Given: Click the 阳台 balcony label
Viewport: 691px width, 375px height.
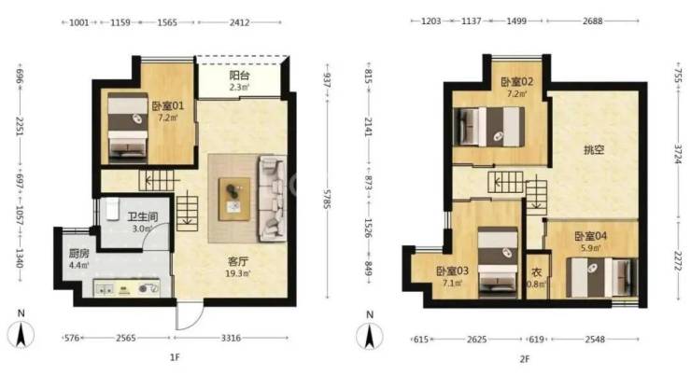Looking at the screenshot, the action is (x=239, y=76).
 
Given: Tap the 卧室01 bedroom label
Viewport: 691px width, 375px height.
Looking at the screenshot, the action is (x=167, y=105).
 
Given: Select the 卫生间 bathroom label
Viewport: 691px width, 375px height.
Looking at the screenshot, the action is (x=142, y=216).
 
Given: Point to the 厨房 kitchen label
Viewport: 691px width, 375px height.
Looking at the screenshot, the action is (x=78, y=254).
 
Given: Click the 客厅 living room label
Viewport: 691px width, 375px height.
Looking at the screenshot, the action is (x=238, y=261).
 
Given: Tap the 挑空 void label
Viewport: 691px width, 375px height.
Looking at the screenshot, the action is (x=594, y=149).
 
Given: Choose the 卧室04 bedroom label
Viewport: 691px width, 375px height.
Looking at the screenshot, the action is (x=590, y=236).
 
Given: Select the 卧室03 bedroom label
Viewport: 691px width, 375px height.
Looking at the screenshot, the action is (x=452, y=271).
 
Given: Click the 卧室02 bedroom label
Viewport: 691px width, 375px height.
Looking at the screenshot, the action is (x=517, y=81).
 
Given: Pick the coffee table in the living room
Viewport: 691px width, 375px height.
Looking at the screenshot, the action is (x=234, y=199).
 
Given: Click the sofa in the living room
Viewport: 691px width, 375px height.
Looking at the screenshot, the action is (x=273, y=198).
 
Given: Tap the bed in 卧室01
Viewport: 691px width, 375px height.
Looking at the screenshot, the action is (x=128, y=125).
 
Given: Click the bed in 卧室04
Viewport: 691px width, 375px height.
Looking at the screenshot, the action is (x=601, y=277).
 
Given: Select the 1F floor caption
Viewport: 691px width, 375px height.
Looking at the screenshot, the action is (x=175, y=357).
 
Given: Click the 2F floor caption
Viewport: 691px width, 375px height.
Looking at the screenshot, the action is (x=525, y=359).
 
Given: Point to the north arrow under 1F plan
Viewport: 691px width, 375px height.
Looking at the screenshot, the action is (x=21, y=334).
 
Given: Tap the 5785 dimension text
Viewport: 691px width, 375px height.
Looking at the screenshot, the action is (x=327, y=199).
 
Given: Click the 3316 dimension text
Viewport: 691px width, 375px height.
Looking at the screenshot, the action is (x=231, y=338).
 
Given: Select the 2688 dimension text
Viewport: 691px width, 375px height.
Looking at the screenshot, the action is (x=592, y=21).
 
